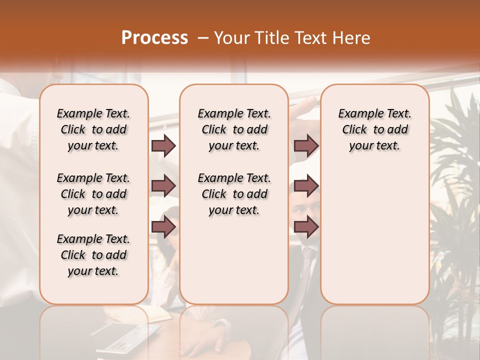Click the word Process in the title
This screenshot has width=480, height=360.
pos(154,38)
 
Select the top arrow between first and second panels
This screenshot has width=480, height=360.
pos(163,146)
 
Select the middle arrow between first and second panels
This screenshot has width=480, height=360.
pos(163,186)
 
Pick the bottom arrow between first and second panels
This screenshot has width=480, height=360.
pos(163,227)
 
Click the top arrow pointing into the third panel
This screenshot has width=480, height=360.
pos(306,146)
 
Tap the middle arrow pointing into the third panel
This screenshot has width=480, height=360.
pos(306,186)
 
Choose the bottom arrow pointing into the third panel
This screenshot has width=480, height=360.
pos(306,227)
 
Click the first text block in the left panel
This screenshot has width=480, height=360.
pos(93,129)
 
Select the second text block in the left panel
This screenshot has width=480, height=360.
pos(93,194)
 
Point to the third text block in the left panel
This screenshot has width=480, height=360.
pos(93,255)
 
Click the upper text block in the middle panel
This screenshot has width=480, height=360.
pos(234,129)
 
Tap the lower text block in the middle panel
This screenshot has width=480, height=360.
pos(234,194)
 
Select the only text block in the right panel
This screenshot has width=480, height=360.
pos(374,129)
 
